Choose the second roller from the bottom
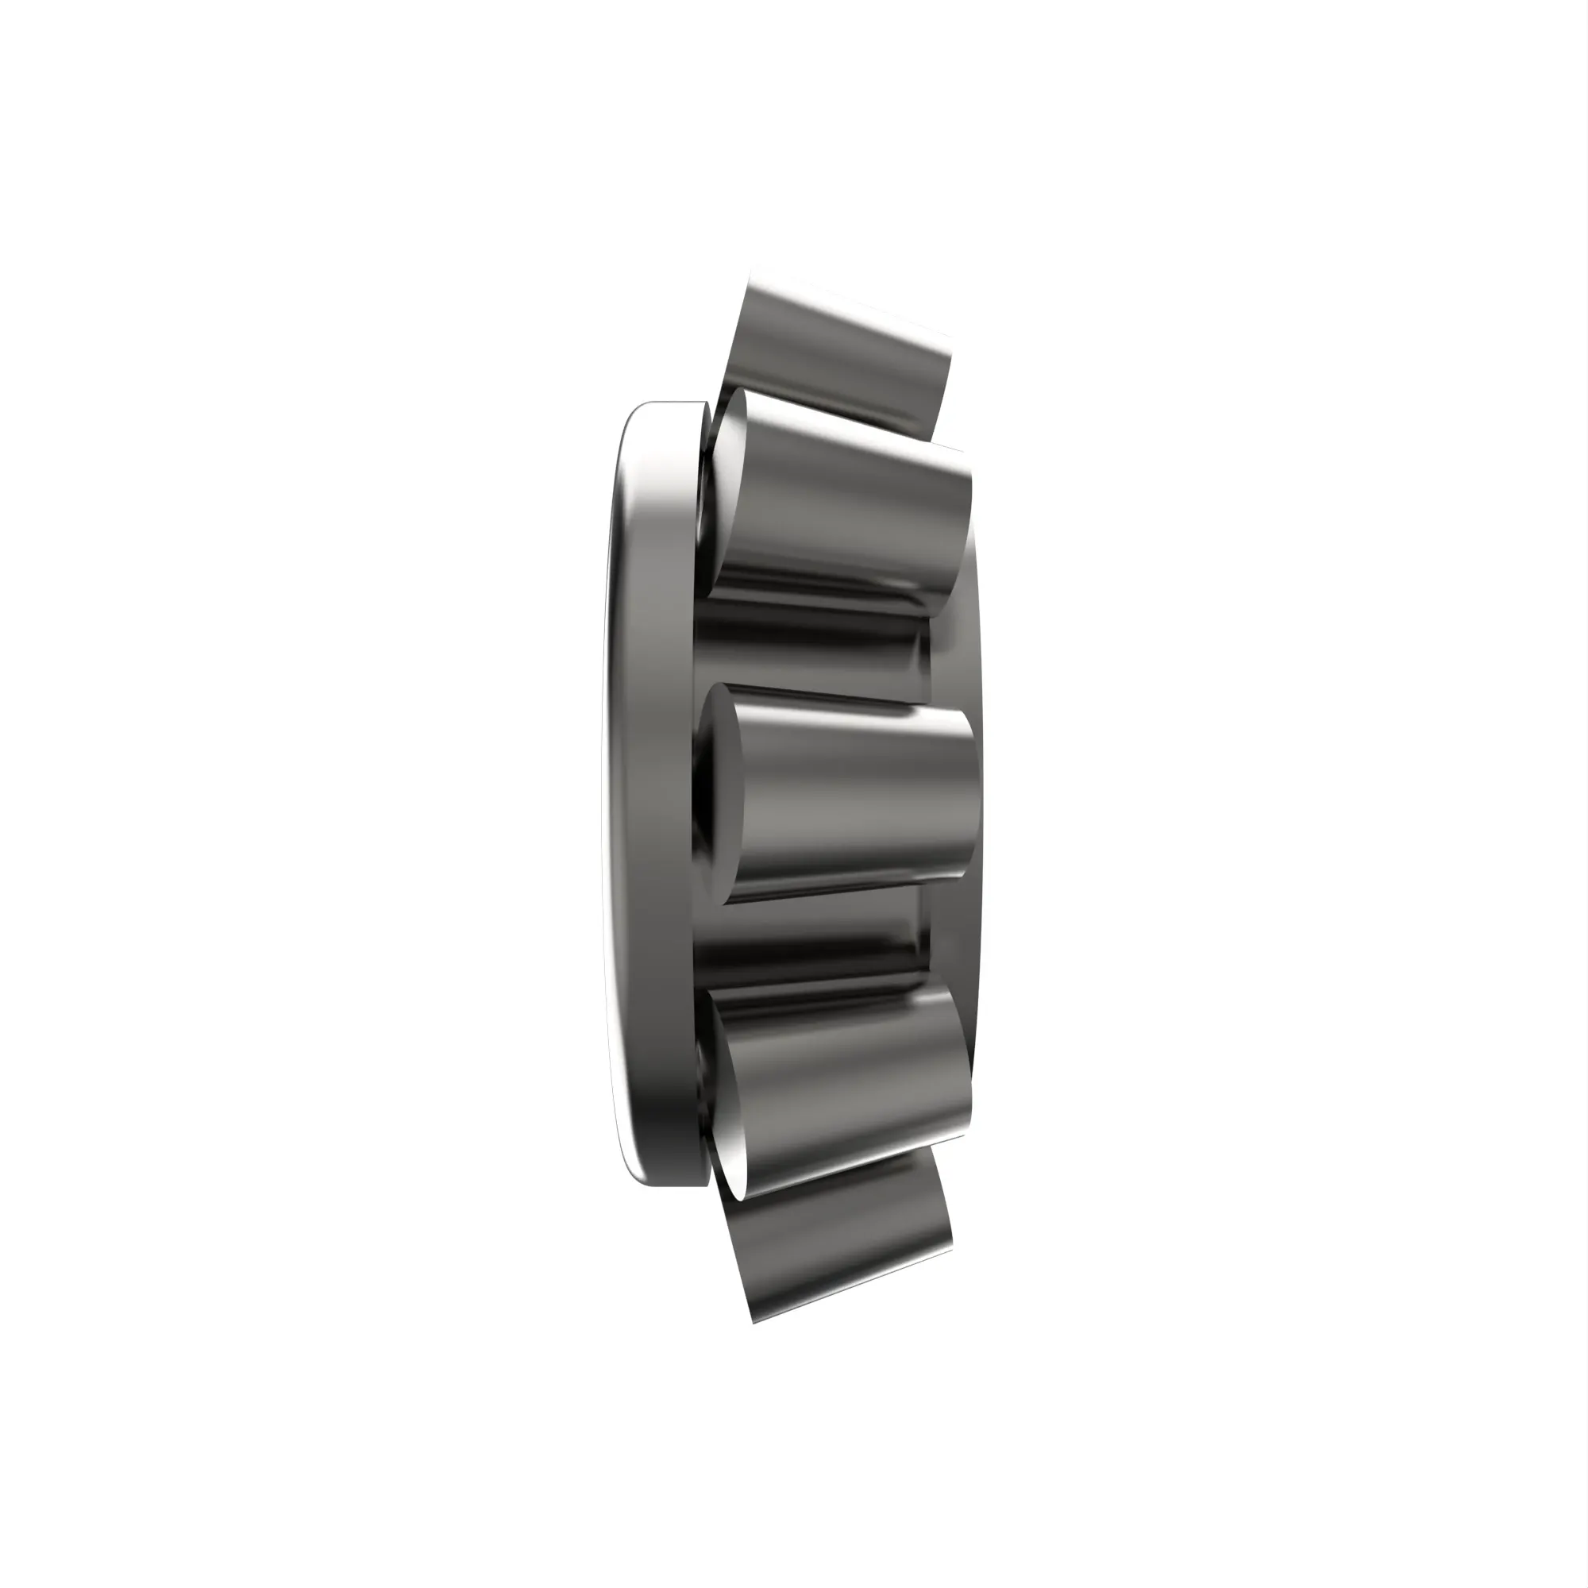click(x=846, y=1085)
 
